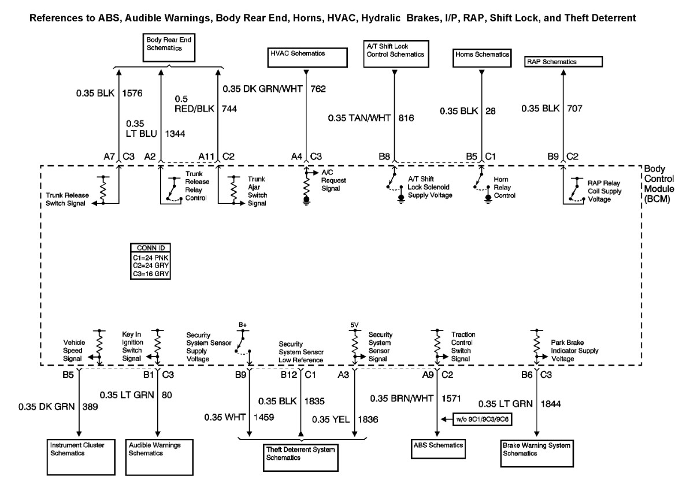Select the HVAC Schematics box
(x=308, y=57)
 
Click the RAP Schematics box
(x=563, y=61)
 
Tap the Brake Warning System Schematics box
(x=537, y=449)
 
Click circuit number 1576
(x=132, y=91)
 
